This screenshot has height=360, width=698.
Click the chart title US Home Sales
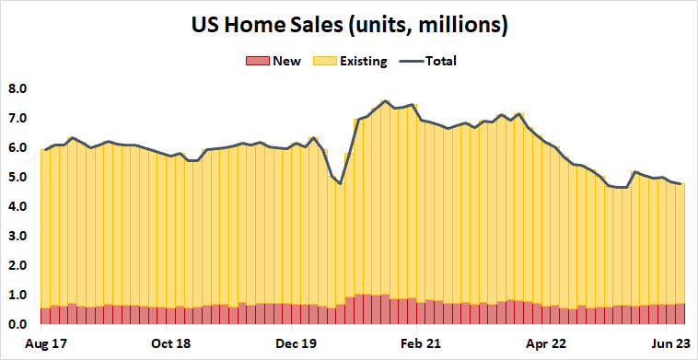coord(349,25)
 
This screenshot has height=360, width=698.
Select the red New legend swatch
coord(256,62)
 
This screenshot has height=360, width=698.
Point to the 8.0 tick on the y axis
coord(18,89)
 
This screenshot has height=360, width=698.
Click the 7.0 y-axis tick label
coord(18,119)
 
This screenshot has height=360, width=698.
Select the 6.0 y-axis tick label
coord(18,148)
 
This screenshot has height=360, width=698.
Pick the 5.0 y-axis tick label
coord(18,178)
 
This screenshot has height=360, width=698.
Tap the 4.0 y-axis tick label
coord(18,207)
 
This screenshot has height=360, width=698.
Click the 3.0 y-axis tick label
coord(18,237)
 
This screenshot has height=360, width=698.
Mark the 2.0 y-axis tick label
coord(18,266)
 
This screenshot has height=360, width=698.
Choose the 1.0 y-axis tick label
coord(18,296)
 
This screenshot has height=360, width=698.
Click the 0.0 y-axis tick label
coord(18,325)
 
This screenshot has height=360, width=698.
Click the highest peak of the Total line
coord(385,101)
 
